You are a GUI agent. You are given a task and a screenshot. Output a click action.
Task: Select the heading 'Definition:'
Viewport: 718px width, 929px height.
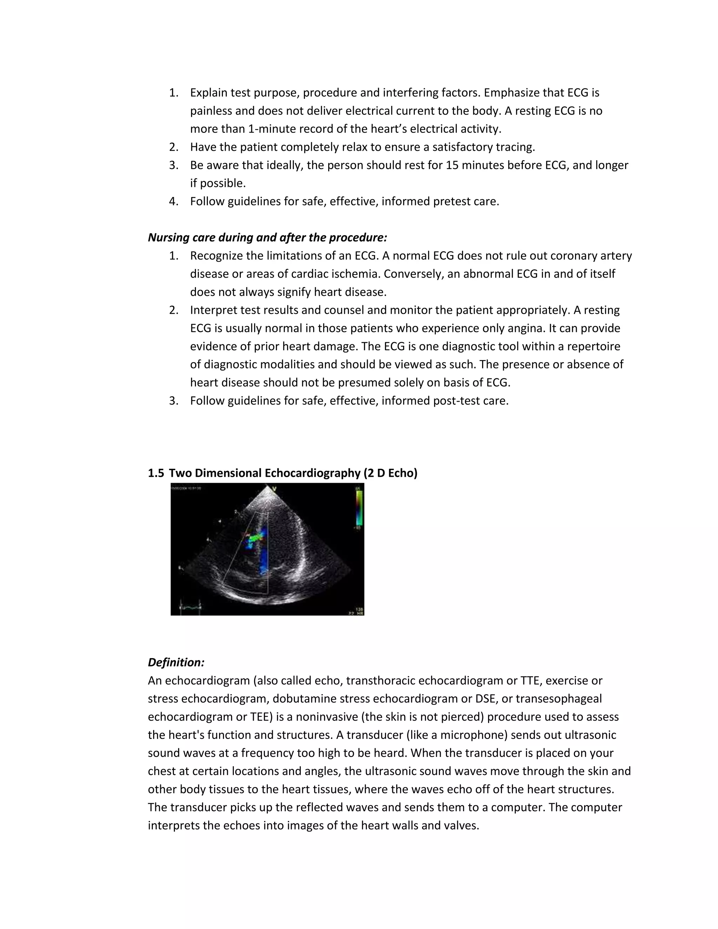click(176, 662)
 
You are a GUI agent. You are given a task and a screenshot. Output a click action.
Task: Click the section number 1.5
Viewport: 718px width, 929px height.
click(156, 473)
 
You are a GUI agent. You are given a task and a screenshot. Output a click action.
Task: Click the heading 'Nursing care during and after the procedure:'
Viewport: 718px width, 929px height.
click(267, 237)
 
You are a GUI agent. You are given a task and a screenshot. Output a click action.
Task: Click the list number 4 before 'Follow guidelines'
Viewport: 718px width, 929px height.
click(173, 201)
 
